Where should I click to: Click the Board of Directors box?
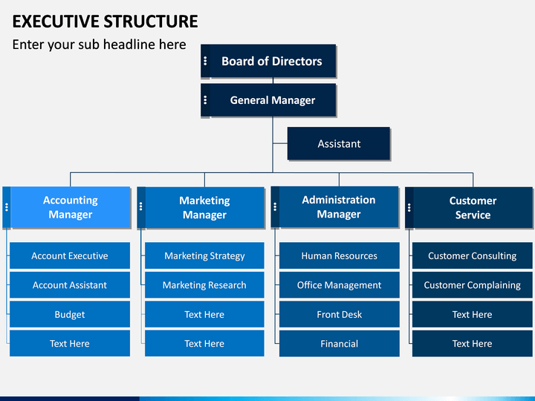(268, 61)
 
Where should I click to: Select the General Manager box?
(268, 100)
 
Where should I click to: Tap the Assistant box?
(339, 143)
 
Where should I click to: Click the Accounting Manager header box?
(67, 207)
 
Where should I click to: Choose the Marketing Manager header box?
(201, 207)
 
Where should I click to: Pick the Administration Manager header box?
(334, 207)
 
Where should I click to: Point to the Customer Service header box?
(469, 207)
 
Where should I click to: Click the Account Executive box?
(70, 255)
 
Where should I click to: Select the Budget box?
(70, 314)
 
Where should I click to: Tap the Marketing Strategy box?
(204, 255)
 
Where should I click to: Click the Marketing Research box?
(204, 285)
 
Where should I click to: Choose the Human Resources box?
(339, 255)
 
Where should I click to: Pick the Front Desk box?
(339, 314)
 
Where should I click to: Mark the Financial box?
(339, 343)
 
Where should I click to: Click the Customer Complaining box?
(473, 285)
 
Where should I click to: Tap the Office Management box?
(339, 285)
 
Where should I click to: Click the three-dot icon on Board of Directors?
(205, 61)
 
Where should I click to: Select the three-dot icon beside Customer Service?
(409, 207)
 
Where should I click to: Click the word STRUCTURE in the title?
(150, 21)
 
